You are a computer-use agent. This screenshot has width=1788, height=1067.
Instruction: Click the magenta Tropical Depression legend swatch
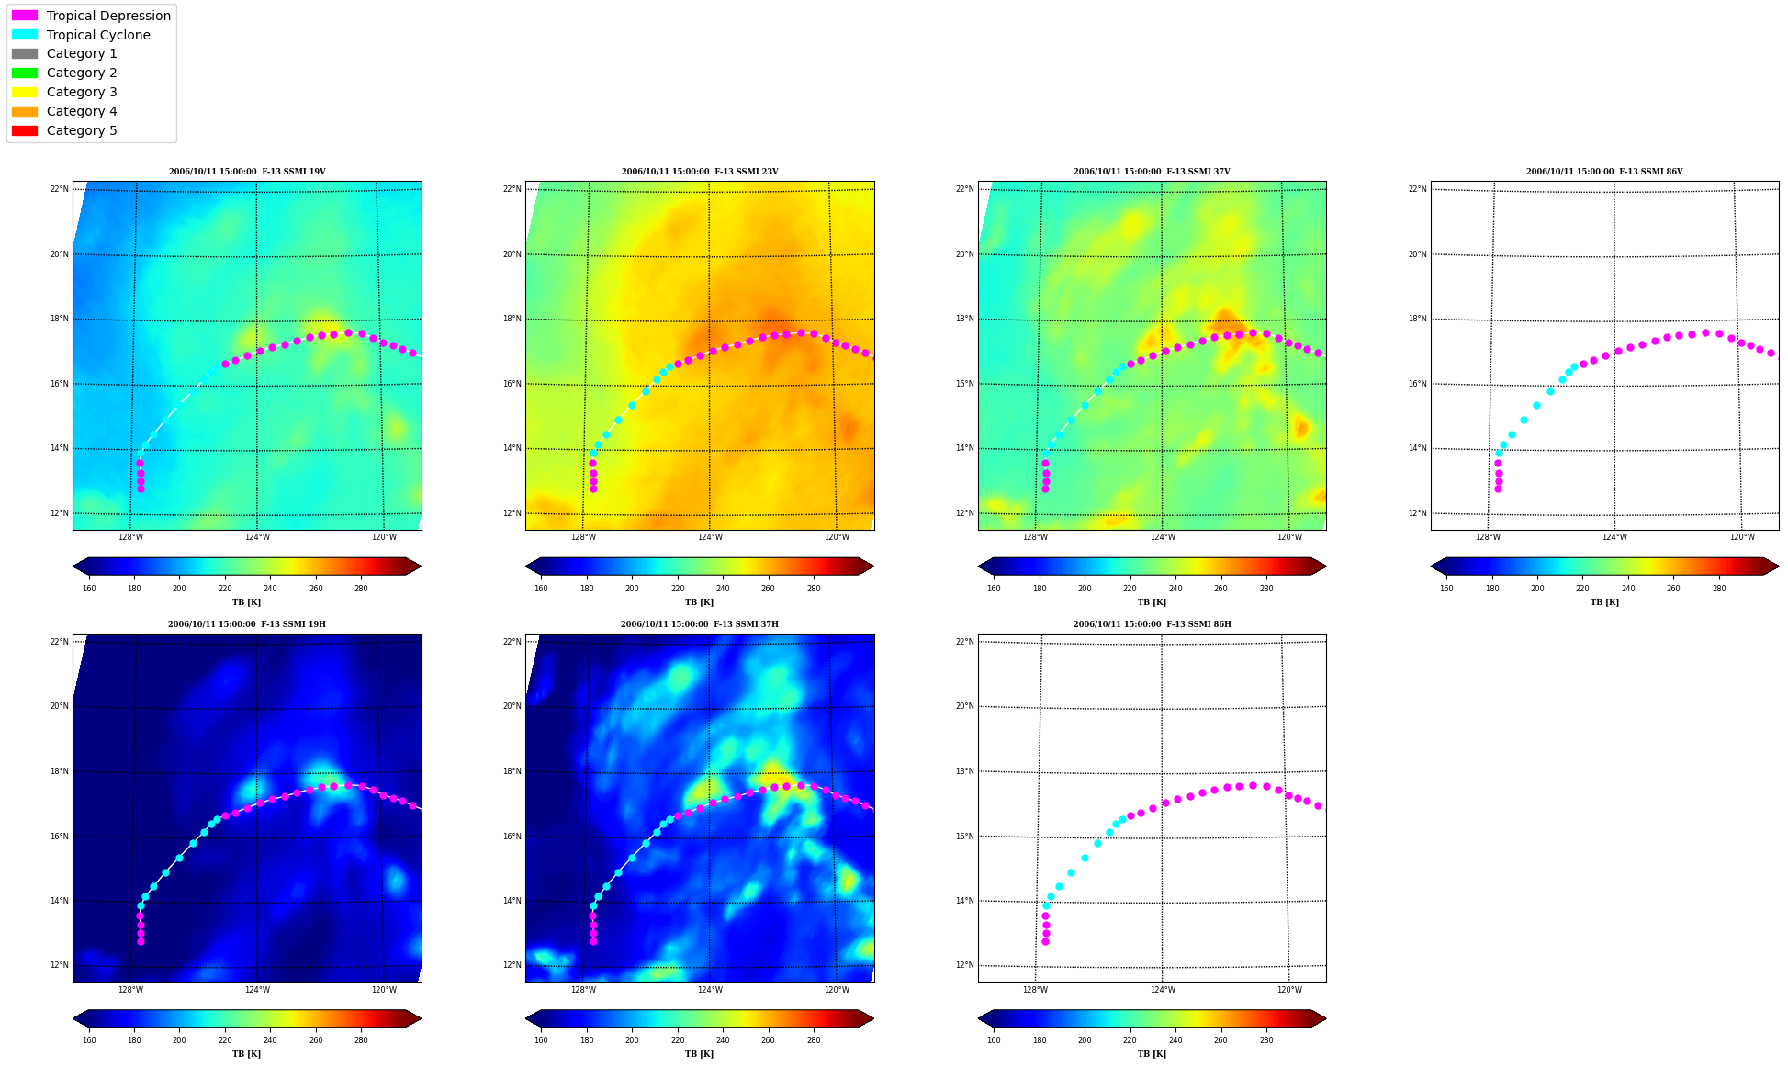pyautogui.click(x=25, y=16)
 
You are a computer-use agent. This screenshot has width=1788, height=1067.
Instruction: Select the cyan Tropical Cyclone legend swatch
pyautogui.click(x=25, y=35)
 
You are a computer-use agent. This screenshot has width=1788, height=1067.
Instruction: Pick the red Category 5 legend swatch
pyautogui.click(x=25, y=130)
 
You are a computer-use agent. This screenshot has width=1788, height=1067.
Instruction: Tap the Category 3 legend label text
pyautogui.click(x=82, y=92)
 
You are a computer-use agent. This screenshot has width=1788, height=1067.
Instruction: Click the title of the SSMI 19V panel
pyautogui.click(x=247, y=172)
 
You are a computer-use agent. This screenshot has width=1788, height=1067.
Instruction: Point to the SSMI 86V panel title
pyautogui.click(x=1604, y=172)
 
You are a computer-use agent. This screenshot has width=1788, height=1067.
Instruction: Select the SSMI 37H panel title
pyautogui.click(x=700, y=624)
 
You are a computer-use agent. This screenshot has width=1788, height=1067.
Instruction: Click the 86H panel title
pyautogui.click(x=1153, y=624)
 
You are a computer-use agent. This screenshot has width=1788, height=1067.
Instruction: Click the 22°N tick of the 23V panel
pyautogui.click(x=512, y=189)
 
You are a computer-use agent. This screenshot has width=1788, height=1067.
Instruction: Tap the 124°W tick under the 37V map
pyautogui.click(x=1163, y=537)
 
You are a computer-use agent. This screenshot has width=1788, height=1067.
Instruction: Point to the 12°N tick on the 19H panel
pyautogui.click(x=59, y=965)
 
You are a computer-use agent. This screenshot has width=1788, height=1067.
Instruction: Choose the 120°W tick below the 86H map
pyautogui.click(x=1289, y=989)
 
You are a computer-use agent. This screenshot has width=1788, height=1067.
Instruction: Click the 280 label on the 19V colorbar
pyautogui.click(x=361, y=589)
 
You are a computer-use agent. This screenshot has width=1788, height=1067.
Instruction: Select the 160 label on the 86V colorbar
pyautogui.click(x=1446, y=589)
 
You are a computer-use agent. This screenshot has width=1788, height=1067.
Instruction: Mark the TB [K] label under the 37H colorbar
pyautogui.click(x=699, y=1054)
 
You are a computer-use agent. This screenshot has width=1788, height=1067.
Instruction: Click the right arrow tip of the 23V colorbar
pyautogui.click(x=873, y=566)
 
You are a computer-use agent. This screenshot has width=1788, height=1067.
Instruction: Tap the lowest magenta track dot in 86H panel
pyautogui.click(x=1045, y=941)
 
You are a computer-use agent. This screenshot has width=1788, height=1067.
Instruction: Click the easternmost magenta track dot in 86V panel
pyautogui.click(x=1771, y=353)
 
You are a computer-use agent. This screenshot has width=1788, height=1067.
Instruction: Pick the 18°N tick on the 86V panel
pyautogui.click(x=1417, y=319)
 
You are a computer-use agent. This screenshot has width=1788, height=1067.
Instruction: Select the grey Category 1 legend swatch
pyautogui.click(x=25, y=53)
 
